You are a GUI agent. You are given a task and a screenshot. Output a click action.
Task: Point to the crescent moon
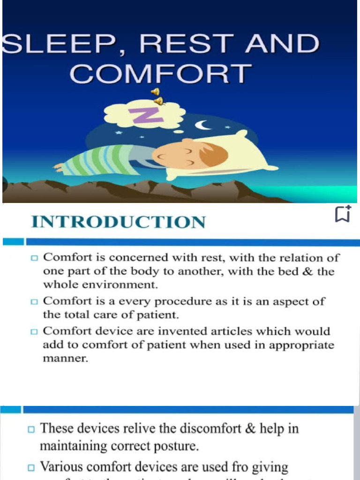pos(202,125)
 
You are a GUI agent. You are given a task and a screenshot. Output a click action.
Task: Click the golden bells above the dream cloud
pos(157,96)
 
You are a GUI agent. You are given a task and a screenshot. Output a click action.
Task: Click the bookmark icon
pos(342,214)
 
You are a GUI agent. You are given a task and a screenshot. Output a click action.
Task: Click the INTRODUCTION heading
pos(118,222)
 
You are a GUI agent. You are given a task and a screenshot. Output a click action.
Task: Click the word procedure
pos(183,301)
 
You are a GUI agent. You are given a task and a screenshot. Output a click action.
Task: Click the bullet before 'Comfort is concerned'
pos(34,258)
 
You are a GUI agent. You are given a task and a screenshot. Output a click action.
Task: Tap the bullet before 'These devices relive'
pos(31,429)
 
